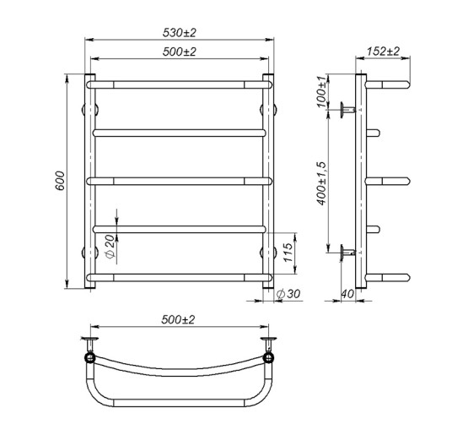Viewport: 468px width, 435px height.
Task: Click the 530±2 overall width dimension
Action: pos(179,32)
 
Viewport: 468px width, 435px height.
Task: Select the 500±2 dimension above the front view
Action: pos(179,52)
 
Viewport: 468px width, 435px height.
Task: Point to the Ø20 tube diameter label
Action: pos(110,246)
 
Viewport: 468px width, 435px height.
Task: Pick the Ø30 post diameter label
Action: pos(291,295)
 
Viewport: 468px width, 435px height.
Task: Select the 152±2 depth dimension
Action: pos(385,52)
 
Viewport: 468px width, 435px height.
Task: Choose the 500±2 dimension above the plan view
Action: pos(179,320)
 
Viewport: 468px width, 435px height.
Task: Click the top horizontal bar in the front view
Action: pos(179,84)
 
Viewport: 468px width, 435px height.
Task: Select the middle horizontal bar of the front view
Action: pos(179,180)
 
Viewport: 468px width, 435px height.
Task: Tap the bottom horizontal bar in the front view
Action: pos(179,277)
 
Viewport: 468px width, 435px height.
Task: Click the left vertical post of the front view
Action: pos(89,182)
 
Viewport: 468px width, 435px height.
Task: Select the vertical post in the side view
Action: pos(362,182)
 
